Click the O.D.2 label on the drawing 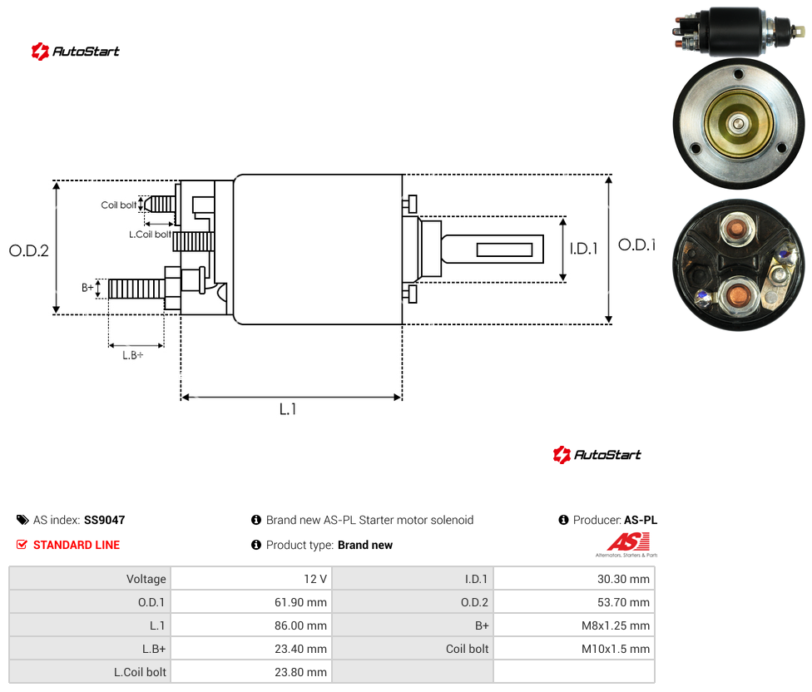pos(29,250)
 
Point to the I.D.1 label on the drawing pos(584,249)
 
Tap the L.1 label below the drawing pos(288,409)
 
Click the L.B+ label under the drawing pos(133,355)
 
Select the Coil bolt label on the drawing pos(119,205)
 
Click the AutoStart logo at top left pos(76,52)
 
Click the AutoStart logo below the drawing pos(597,454)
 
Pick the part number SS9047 pos(105,520)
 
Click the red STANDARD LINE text pos(77,545)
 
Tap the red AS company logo pos(627,545)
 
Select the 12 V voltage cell pos(252,579)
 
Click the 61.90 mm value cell pos(252,602)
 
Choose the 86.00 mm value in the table pos(300,625)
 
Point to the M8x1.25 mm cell pos(574,625)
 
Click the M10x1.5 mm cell pos(574,649)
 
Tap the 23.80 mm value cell pos(252,672)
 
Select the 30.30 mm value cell pos(574,579)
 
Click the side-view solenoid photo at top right pos(739,31)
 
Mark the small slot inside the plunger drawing pos(504,250)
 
